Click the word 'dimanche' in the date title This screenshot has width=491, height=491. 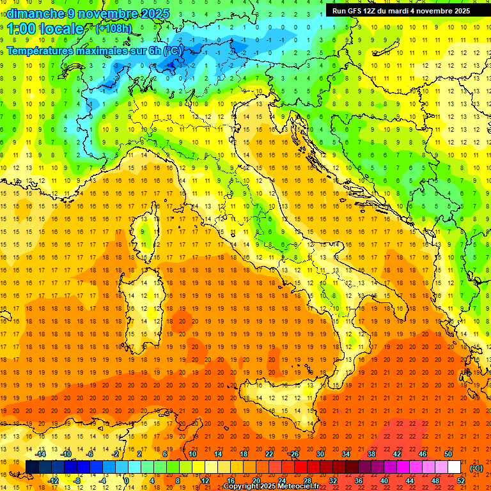pyautogui.click(x=35, y=13)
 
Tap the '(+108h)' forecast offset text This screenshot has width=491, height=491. pyautogui.click(x=114, y=28)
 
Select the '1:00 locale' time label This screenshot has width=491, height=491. pyautogui.click(x=45, y=29)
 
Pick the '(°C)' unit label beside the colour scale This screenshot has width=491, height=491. pyautogui.click(x=476, y=467)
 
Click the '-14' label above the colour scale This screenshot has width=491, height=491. pyautogui.click(x=40, y=454)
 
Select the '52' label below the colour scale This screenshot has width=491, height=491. pyautogui.click(x=461, y=481)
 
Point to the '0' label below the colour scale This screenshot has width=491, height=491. pyautogui.click(x=127, y=481)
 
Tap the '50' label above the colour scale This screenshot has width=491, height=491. pyautogui.click(x=448, y=454)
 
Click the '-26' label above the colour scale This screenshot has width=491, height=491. pyautogui.click(x=293, y=454)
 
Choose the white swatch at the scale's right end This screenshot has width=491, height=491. pyautogui.click(x=454, y=467)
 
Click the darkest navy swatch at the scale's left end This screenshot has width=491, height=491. pyautogui.click(x=32, y=467)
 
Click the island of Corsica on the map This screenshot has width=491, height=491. pyautogui.click(x=148, y=230)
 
